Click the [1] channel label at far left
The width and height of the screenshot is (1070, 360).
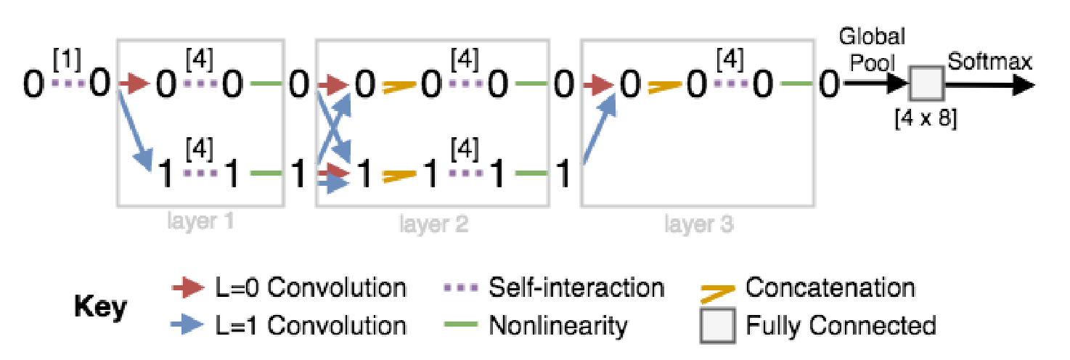[68, 60]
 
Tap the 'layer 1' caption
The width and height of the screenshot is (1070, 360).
[200, 221]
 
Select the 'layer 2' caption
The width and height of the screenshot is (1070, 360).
[433, 224]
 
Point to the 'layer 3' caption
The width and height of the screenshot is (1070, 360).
[699, 224]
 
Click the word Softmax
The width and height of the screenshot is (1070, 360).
[989, 62]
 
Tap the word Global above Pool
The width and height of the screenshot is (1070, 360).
[873, 37]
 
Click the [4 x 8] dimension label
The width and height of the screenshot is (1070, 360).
[926, 118]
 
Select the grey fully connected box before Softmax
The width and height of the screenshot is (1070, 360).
[927, 83]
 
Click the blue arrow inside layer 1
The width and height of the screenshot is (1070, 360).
[135, 131]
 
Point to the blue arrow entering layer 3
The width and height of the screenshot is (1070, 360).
[600, 128]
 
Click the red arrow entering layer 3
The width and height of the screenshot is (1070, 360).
[599, 85]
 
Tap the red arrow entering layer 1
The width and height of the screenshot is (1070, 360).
[134, 84]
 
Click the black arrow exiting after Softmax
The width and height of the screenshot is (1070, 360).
[989, 86]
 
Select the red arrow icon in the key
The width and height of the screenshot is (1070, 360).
[188, 287]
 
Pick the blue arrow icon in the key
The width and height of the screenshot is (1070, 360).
[188, 326]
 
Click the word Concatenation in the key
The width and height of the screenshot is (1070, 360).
[830, 288]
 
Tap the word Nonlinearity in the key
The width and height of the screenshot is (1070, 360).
[558, 327]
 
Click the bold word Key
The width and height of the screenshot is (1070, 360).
[101, 308]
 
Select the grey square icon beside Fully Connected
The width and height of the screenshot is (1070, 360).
[717, 326]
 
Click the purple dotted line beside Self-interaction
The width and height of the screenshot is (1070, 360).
[460, 288]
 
